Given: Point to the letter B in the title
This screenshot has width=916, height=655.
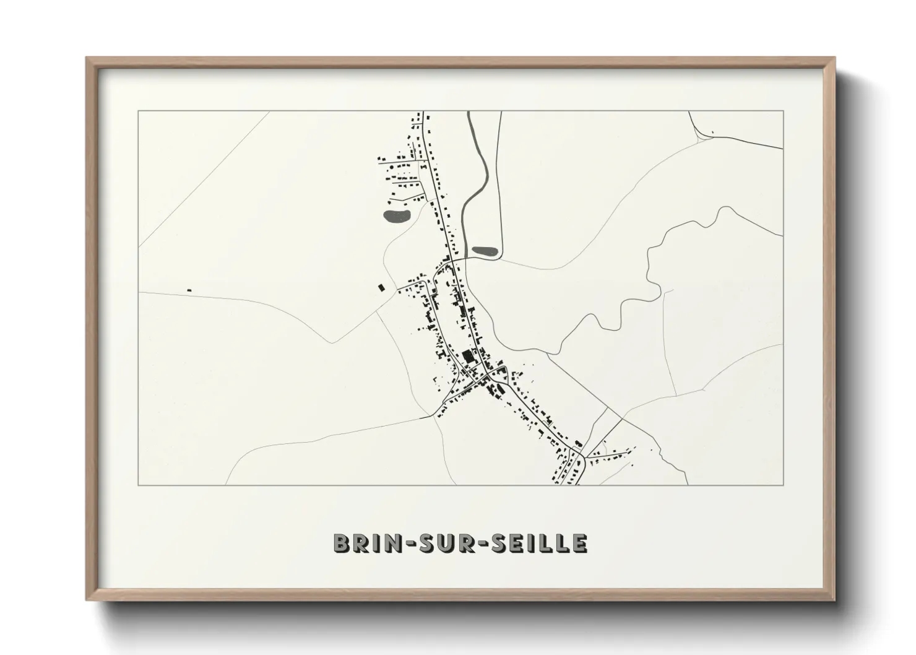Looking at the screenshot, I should coord(341,543).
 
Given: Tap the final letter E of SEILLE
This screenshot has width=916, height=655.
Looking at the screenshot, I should coord(580,543).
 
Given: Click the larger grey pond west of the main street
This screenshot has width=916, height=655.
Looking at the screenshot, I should coord(396,216).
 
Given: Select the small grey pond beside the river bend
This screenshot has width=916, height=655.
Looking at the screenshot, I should coord(484,251).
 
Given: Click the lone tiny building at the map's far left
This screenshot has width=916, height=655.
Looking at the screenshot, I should coord(189,290).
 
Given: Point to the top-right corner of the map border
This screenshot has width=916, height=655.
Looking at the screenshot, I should coord(783,111).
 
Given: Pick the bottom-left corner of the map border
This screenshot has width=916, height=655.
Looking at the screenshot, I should coord(139,485).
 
